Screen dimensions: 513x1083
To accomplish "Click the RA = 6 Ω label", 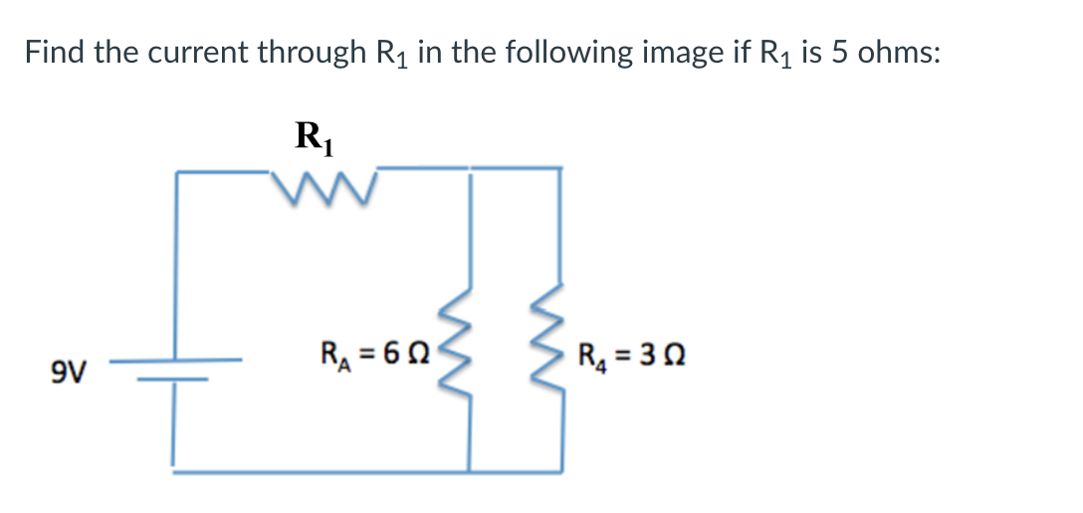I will (376, 354).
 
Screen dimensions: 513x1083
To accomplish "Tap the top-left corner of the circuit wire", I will (177, 172).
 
